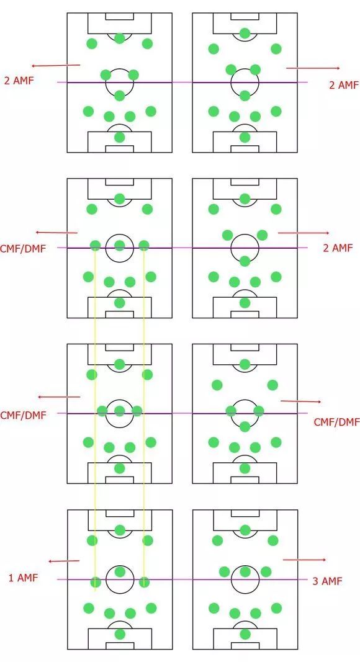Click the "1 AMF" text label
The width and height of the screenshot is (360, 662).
point(23,578)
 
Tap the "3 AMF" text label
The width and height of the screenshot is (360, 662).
point(327,581)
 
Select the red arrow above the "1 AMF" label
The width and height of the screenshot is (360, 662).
point(64,561)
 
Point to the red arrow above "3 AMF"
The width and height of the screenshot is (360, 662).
point(304,560)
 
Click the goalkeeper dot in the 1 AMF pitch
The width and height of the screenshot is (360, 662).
point(120,633)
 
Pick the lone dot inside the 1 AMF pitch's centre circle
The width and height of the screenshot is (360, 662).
point(120,571)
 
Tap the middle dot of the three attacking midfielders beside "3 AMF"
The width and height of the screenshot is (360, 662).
point(245,571)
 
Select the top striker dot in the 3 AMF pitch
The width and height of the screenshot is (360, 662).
point(245,530)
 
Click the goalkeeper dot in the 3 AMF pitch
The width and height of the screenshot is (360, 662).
point(245,633)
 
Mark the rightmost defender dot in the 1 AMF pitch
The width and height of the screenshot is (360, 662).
point(151,608)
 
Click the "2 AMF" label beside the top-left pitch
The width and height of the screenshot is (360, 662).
point(19,80)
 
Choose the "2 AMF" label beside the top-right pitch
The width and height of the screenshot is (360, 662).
point(343,85)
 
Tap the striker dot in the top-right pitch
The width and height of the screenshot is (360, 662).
point(245,33)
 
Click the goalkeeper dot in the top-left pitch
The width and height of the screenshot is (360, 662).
point(120,137)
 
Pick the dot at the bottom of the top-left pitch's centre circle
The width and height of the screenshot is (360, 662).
point(120,96)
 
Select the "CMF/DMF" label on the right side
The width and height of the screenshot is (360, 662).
point(337,422)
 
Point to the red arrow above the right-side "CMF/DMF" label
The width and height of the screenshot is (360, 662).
point(300,401)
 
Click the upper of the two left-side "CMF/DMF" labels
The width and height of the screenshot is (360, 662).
point(23,248)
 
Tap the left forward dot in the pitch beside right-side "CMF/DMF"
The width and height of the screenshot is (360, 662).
point(217,385)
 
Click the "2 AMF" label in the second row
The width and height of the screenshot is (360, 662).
point(337,248)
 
